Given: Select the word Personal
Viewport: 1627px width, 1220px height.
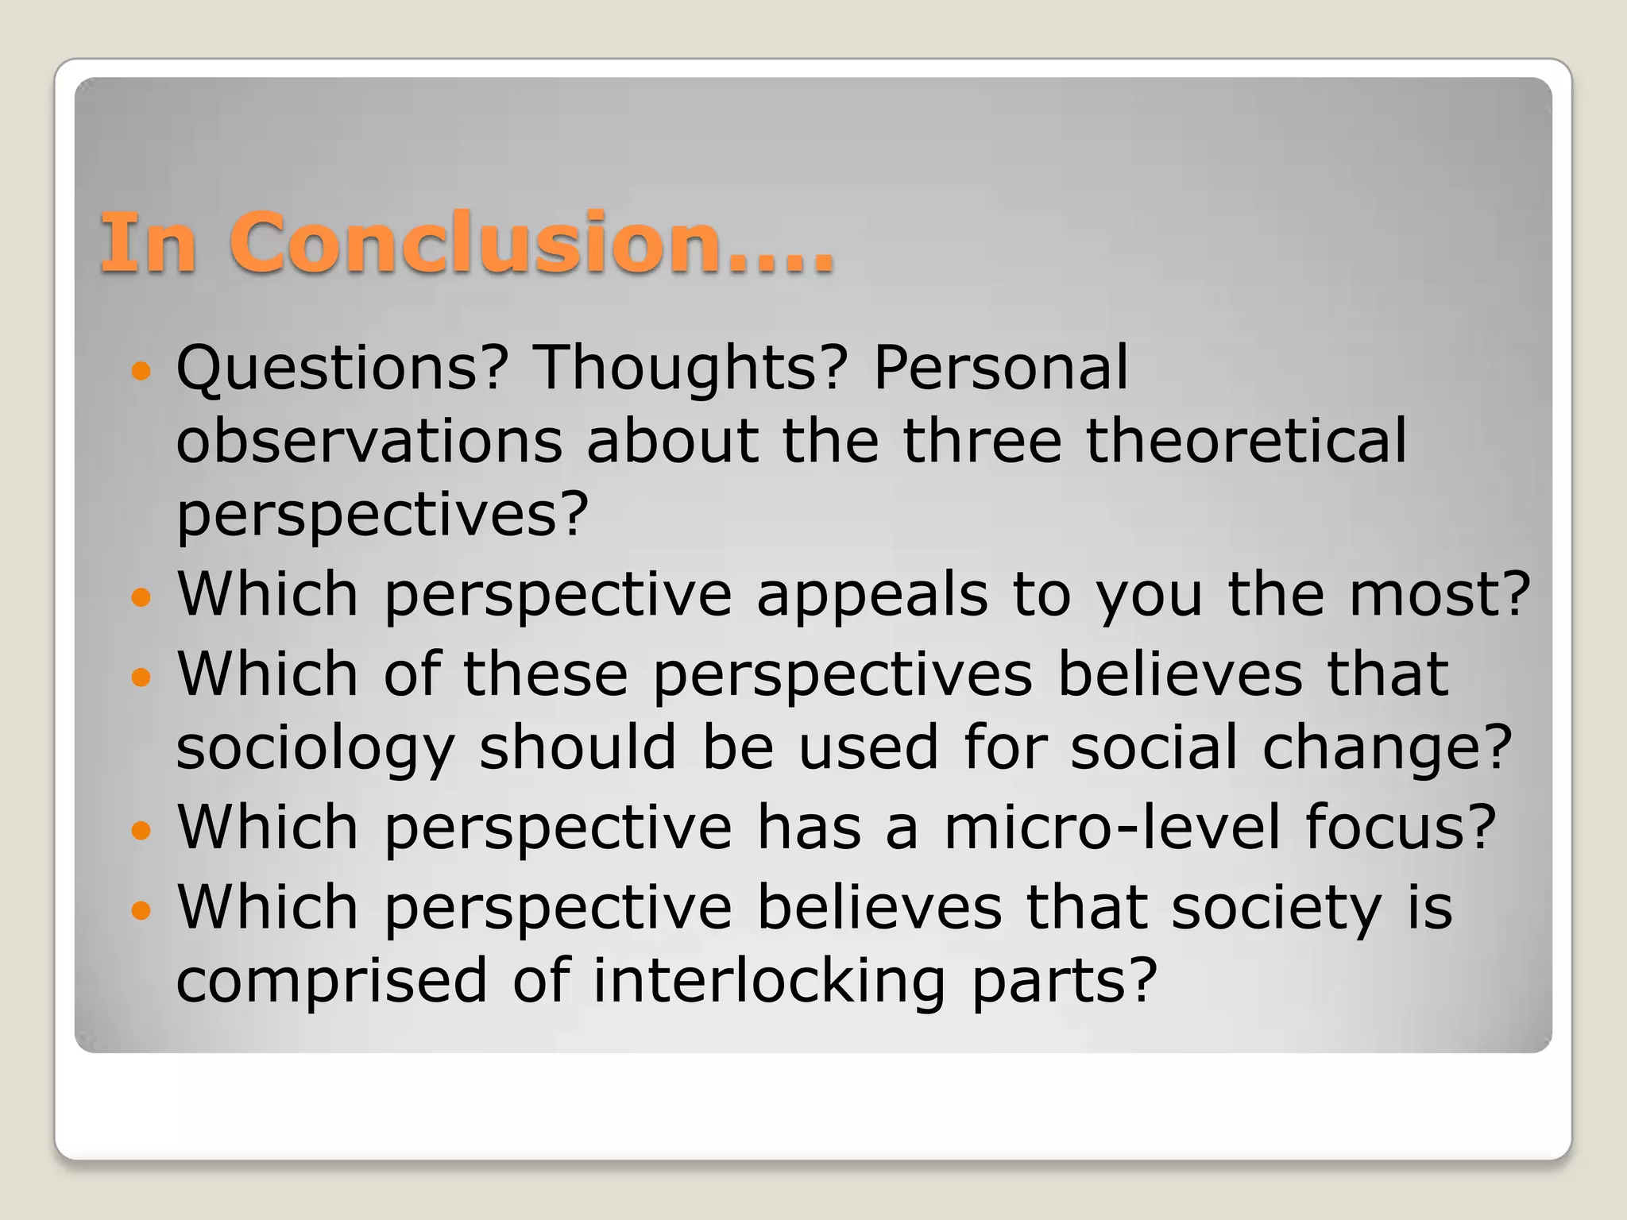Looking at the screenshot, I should click(1000, 368).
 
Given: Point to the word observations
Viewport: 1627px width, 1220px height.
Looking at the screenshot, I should click(369, 441).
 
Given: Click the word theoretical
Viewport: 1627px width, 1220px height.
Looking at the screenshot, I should click(1246, 441).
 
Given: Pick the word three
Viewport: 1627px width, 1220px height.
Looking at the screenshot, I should click(982, 441).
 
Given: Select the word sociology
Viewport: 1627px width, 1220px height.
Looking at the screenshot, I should click(315, 748).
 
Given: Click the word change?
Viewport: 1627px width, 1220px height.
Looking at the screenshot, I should click(1387, 748).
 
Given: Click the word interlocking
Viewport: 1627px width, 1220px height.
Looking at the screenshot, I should click(769, 981).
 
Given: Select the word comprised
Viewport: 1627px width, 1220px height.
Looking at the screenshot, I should click(331, 981).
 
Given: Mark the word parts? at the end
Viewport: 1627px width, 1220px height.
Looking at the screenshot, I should click(1065, 981).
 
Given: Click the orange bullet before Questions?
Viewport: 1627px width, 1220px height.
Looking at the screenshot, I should click(141, 370).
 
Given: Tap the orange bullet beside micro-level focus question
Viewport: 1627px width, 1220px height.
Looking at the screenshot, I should click(141, 831).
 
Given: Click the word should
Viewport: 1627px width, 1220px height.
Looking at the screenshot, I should click(578, 748).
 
